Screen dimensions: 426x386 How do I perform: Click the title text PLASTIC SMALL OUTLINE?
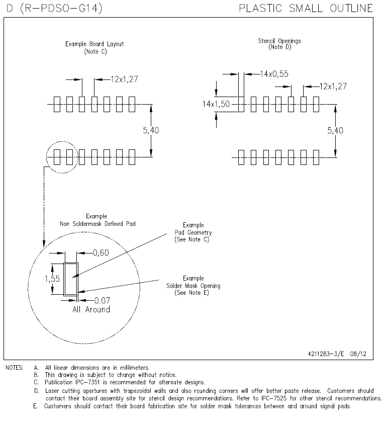pos(306,8)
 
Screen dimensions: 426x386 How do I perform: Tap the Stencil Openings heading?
pos(276,44)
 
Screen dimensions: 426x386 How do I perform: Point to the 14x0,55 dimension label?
pos(274,74)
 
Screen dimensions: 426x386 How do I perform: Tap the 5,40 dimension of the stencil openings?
pos(336,130)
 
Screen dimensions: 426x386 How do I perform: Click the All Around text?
pos(91,309)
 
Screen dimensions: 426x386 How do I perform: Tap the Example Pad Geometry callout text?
pos(193,232)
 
